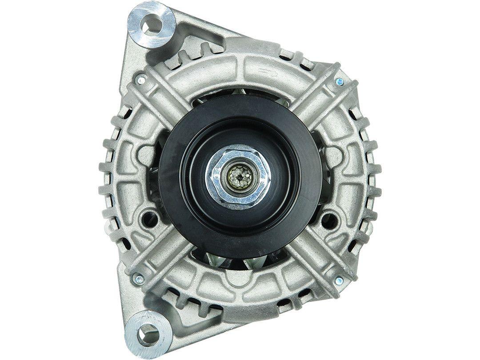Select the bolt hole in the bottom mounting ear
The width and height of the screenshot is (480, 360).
point(149,329)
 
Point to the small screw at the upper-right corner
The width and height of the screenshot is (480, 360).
point(340,81)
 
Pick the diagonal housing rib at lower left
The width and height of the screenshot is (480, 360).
point(164,262)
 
